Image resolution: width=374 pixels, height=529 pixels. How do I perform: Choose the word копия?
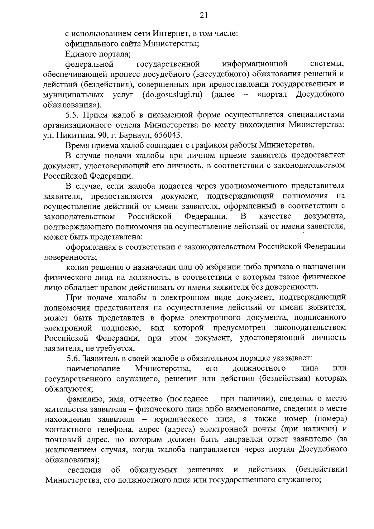click(x=77, y=267)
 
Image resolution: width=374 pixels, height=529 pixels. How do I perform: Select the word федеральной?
click(x=89, y=64)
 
